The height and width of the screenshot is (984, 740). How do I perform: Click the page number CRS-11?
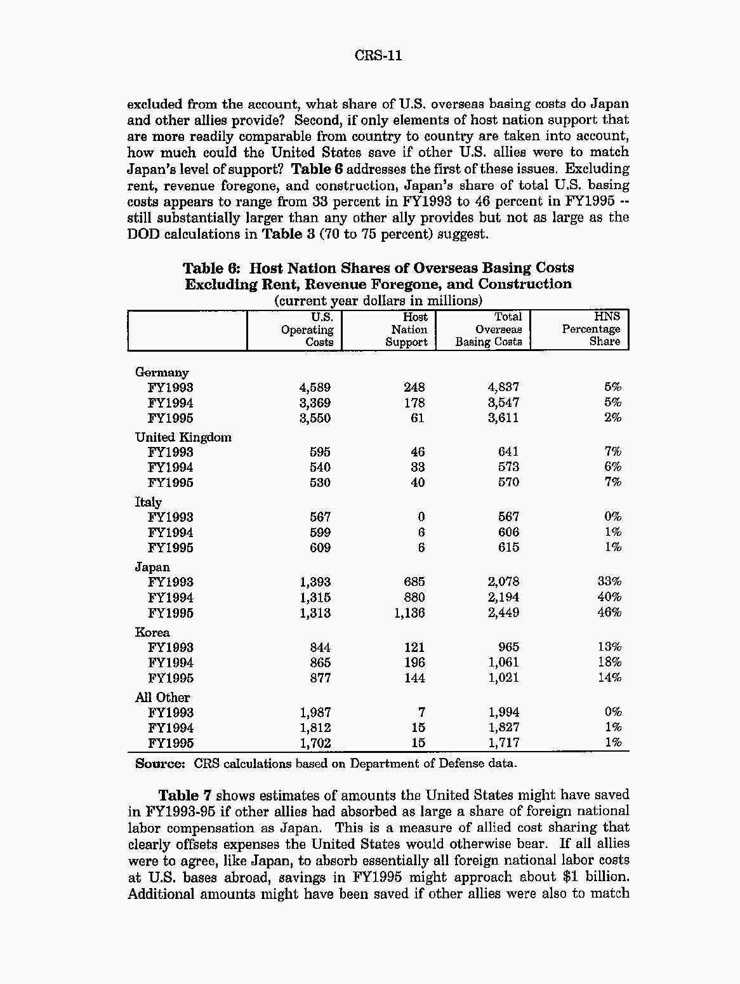tap(378, 56)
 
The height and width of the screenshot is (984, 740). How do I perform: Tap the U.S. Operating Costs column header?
tap(308, 329)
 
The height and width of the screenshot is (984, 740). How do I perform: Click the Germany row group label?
tap(162, 373)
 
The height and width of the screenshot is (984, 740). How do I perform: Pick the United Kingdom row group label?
tap(183, 437)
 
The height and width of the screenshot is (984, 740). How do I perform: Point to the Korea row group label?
tap(152, 632)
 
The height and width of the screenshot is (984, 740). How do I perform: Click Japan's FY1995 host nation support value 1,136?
tap(409, 613)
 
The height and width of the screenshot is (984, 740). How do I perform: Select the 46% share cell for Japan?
tap(609, 613)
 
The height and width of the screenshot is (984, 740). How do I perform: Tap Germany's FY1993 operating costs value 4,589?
tap(315, 388)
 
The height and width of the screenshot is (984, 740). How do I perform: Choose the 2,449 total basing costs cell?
tap(503, 613)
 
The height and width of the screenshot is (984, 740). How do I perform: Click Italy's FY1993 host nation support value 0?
tap(421, 517)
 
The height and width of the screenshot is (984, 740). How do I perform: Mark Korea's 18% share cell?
tap(609, 662)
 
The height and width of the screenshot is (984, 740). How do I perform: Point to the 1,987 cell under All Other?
tap(315, 713)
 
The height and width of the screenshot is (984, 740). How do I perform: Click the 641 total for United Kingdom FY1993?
tap(508, 452)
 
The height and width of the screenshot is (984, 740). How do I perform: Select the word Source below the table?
tap(159, 764)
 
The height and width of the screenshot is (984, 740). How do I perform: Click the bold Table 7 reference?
tap(184, 795)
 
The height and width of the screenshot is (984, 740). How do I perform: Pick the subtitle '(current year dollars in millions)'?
tap(378, 300)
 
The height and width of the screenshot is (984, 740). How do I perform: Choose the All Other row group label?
tap(162, 698)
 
